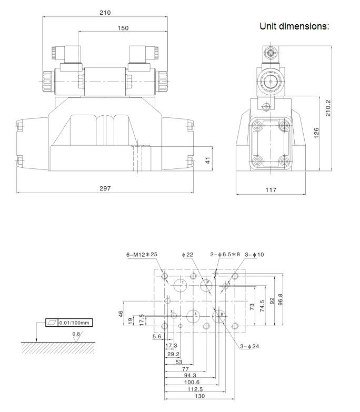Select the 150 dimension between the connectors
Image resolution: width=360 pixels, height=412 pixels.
click(x=122, y=28)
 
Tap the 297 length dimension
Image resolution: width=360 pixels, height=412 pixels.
click(x=105, y=188)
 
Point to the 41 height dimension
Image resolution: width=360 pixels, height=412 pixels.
click(x=208, y=159)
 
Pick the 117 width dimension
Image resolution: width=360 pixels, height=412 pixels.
click(x=270, y=189)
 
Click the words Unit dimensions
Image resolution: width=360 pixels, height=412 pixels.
click(x=294, y=26)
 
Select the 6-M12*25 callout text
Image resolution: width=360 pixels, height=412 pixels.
click(x=142, y=255)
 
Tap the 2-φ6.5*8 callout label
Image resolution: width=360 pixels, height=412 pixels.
click(x=225, y=255)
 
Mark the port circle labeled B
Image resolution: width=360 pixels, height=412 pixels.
click(x=219, y=315)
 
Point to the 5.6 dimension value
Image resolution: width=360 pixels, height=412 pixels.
click(x=156, y=336)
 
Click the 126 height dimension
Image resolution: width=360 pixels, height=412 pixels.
click(x=316, y=133)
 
